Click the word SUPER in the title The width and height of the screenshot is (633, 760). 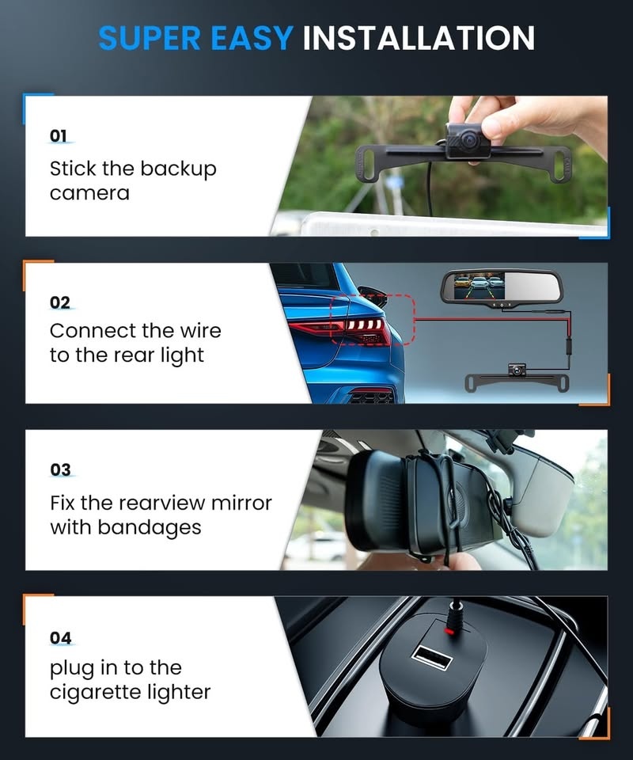tap(149, 37)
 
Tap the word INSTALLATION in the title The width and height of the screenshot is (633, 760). tap(419, 37)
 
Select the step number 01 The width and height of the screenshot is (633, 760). tap(59, 136)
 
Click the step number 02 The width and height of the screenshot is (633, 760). tap(60, 302)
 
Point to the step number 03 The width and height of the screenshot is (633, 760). tap(60, 469)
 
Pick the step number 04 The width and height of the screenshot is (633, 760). tap(60, 637)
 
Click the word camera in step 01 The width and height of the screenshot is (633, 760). tap(89, 193)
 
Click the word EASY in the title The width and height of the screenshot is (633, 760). tap(250, 37)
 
